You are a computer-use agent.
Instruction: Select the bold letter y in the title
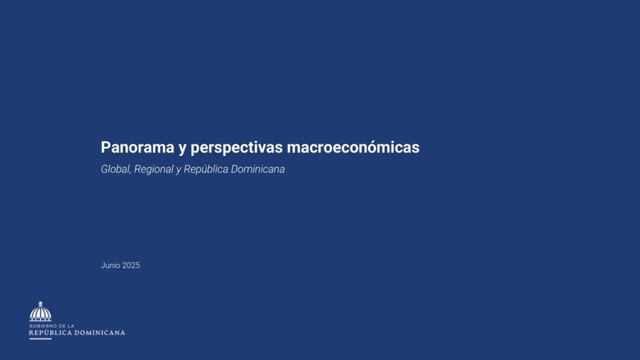pos(182,149)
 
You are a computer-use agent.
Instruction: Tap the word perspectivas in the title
pos(237,148)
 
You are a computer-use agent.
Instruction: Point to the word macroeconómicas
pos(353,147)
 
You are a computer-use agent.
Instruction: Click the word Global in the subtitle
pos(116,169)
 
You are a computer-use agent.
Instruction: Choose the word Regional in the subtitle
pos(154,169)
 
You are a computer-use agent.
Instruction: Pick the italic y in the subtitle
pos(178,171)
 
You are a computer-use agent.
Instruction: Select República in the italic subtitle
pos(206,169)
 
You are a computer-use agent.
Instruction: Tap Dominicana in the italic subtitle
pos(258,169)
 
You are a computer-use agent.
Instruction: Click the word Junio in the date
pos(110,265)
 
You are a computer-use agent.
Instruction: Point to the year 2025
pos(131,265)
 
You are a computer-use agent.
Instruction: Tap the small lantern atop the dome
pos(41,304)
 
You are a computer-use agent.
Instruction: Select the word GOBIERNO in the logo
pos(43,326)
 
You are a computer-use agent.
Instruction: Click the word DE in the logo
pos(62,326)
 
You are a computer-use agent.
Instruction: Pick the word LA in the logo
pos(71,326)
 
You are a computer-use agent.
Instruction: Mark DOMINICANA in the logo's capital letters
pos(99,332)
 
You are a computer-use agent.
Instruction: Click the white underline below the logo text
pos(41,339)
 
